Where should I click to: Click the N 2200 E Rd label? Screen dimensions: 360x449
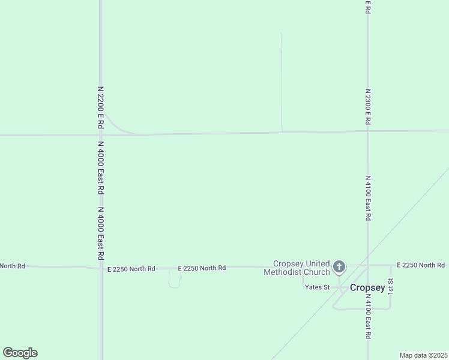(101, 107)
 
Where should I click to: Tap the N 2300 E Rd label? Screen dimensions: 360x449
(367, 107)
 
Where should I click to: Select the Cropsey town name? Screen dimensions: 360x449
(367, 287)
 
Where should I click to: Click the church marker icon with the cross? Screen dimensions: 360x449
(339, 266)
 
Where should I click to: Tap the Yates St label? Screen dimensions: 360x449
(317, 287)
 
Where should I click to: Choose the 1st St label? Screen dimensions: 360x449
(390, 286)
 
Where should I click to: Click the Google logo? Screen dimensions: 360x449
(20, 353)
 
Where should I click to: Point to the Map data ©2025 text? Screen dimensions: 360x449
(423, 355)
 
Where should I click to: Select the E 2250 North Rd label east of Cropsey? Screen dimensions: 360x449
(421, 265)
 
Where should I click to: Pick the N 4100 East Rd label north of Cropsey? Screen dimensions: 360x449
(367, 198)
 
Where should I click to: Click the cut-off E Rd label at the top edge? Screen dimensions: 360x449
(367, 7)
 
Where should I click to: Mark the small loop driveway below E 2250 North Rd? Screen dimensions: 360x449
(175, 280)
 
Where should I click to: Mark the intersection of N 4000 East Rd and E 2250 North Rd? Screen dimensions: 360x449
(101, 268)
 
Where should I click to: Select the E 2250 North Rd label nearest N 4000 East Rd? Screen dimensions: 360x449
(131, 269)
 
